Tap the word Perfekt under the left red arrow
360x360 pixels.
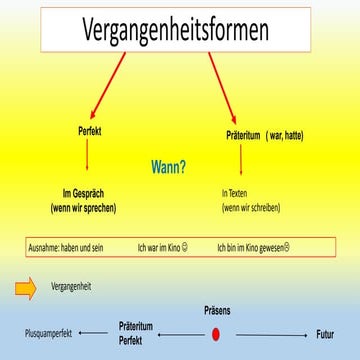point(90,131)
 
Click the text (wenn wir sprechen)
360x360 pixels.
point(84,207)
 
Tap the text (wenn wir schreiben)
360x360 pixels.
point(251,207)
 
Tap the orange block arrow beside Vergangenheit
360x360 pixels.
point(27,288)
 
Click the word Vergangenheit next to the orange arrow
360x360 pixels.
point(70,287)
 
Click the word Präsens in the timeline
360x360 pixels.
point(216,312)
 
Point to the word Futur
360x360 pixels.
point(325,334)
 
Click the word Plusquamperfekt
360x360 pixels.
point(46,334)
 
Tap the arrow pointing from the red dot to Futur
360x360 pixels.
point(271,334)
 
